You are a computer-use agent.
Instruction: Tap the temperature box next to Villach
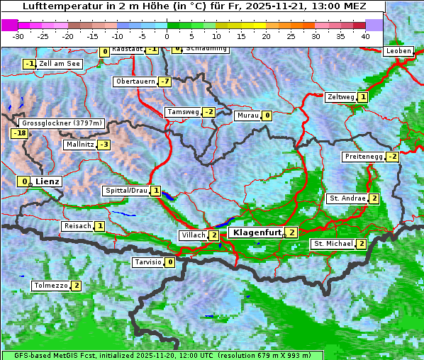tap(214, 235)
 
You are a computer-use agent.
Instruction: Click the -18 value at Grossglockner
tap(19, 133)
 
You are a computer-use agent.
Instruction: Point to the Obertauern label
tap(135, 81)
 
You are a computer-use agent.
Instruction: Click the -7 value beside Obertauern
tap(164, 81)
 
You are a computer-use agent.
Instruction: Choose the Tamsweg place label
tap(182, 112)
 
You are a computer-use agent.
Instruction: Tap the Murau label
tap(247, 116)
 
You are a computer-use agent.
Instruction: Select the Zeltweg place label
tap(340, 97)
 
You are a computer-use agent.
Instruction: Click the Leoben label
tap(398, 51)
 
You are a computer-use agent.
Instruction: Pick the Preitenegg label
tap(363, 156)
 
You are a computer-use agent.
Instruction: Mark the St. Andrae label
tap(347, 198)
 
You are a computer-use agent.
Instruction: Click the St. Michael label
tap(333, 244)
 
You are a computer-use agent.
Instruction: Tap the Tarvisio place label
tap(147, 262)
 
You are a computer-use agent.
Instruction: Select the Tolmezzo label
tap(50, 286)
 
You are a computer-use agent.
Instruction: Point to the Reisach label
tap(77, 226)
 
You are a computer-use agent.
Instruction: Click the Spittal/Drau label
tap(125, 191)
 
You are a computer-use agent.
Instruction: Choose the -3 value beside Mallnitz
tap(104, 145)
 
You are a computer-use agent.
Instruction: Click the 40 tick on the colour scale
tap(365, 35)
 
